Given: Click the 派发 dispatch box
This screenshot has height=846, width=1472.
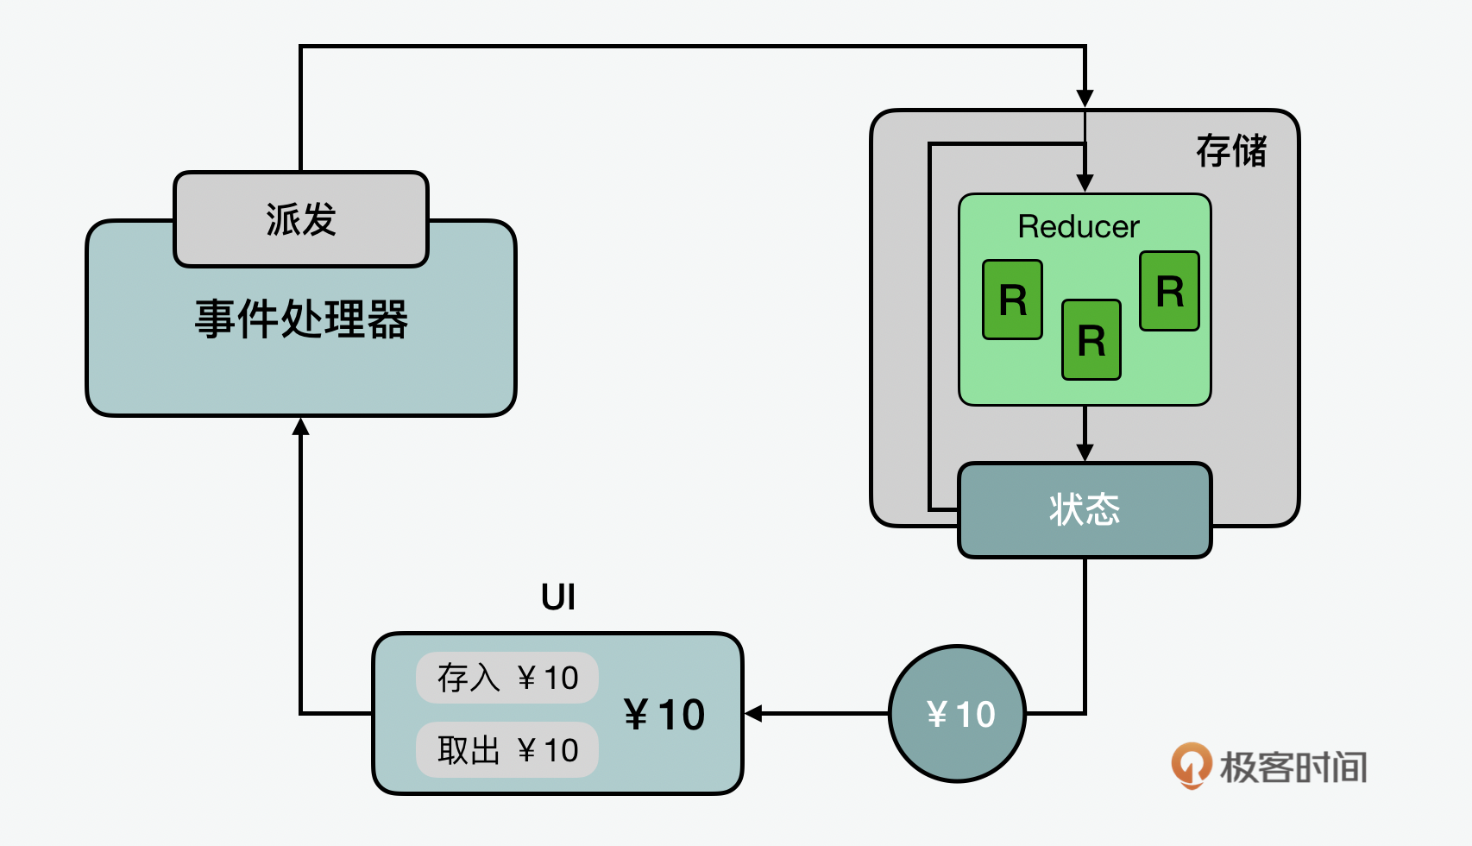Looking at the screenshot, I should pos(301,219).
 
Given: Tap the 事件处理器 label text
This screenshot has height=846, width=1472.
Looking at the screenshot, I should pos(301,319).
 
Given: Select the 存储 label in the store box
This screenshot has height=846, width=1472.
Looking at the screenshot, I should pos(1230,151).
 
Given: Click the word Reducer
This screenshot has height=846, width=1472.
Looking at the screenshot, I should pos(1079,227).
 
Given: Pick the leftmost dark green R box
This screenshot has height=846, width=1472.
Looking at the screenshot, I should pos(1012,300).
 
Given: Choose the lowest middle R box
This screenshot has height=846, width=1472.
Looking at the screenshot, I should pos(1091,340).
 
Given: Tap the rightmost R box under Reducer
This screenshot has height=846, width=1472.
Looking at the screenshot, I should pos(1169,291).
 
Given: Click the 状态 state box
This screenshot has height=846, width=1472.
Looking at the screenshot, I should pos(1085,509).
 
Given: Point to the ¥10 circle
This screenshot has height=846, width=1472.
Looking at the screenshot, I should pos(958,714).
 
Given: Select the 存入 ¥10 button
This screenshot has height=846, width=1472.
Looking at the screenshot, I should pos(507,678).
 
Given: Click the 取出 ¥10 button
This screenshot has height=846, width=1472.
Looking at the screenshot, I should pos(507,750).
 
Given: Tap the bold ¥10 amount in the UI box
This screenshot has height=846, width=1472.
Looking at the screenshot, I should pos(664,715).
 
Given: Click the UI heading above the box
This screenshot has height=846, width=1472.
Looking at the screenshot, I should pos(558,597).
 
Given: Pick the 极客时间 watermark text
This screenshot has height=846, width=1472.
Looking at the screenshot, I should pos(1293,767).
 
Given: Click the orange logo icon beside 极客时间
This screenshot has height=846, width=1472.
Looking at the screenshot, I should pos(1191,765).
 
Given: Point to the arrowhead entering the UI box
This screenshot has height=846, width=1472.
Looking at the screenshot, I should pos(753,714).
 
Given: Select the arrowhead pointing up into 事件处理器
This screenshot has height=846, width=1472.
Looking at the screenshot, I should pos(301,426).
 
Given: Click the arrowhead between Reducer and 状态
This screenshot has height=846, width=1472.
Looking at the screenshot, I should pos(1085,452).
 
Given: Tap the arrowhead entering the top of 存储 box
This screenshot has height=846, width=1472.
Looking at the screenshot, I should pos(1085,98).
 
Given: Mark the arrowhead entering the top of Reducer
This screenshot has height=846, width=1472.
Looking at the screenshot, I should pos(1085,183).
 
